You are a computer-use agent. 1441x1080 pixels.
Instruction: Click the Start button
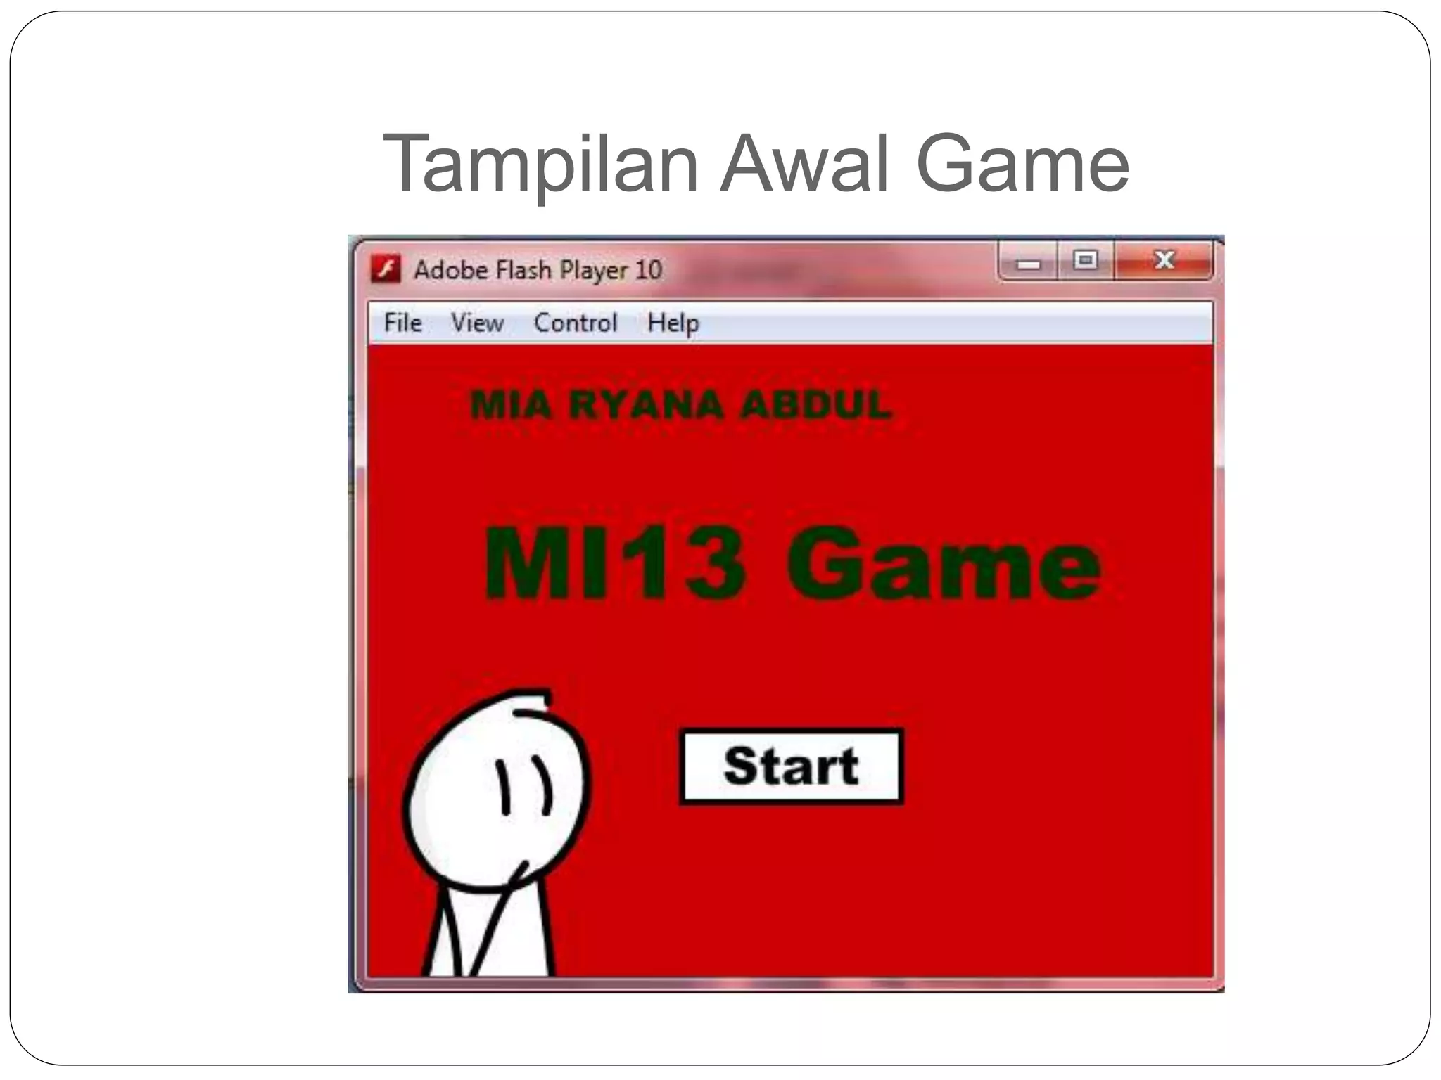791,766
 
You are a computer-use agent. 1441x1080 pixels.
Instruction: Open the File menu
402,323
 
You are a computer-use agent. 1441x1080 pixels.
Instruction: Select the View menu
477,323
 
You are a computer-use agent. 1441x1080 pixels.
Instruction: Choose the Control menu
576,323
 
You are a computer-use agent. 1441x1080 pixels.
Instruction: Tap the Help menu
673,323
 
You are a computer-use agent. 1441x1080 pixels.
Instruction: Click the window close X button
1164,260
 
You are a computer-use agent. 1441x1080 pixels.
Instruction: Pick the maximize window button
1086,260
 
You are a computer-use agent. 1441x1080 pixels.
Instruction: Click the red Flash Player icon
386,269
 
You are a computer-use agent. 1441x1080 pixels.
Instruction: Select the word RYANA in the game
646,405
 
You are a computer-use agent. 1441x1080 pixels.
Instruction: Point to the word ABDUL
817,405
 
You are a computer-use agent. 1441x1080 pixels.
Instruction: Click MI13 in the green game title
614,564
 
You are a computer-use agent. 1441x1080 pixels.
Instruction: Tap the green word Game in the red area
943,564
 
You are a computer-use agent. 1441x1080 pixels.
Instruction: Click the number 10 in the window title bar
648,269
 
